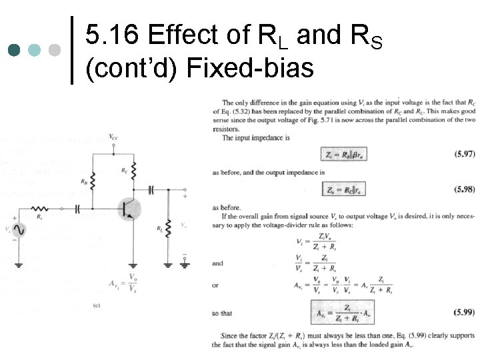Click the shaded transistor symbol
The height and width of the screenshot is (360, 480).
(128, 207)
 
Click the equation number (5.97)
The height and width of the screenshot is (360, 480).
(464, 154)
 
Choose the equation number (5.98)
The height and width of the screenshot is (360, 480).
(464, 189)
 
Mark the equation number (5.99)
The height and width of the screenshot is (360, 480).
(464, 311)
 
